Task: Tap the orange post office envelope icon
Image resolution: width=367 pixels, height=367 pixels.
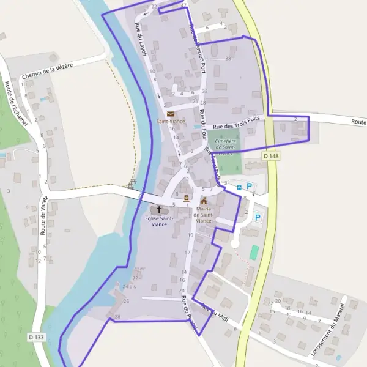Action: point(170,114)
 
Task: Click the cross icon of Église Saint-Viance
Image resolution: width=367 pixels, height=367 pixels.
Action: point(159,209)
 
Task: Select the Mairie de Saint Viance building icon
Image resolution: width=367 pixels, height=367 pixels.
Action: point(204,201)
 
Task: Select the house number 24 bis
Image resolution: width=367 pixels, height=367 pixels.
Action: point(129,286)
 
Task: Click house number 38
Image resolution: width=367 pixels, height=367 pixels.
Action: point(228,59)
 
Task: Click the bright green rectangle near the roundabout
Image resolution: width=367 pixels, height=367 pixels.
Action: point(254,251)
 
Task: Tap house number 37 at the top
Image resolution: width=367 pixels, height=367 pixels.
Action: point(183,5)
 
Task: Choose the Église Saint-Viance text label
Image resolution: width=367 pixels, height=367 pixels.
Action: point(159,221)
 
